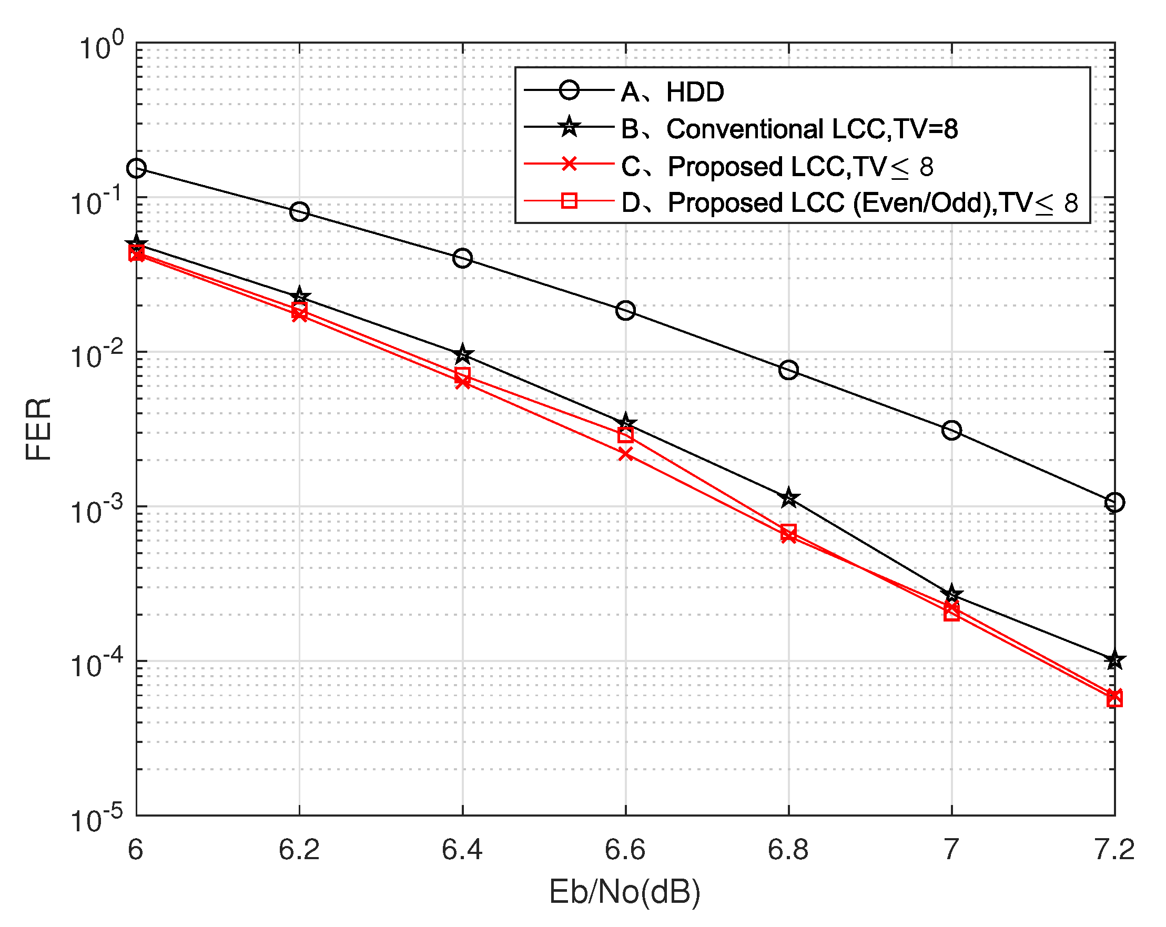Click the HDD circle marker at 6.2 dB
299,211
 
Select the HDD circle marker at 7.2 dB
1114,502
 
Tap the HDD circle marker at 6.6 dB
625,310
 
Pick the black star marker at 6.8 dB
788,497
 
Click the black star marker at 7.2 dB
1114,660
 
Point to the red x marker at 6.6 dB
625,454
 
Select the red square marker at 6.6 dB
625,434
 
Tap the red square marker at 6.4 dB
462,374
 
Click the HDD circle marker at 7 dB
951,431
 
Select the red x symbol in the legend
569,164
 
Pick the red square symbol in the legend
569,201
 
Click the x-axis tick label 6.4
462,850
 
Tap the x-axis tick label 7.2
1114,850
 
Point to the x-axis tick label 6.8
788,850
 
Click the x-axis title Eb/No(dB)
625,892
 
